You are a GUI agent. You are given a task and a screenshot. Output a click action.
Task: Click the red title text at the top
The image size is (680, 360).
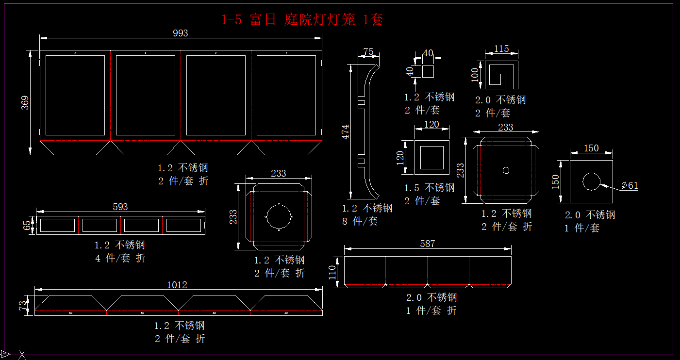coord(302,20)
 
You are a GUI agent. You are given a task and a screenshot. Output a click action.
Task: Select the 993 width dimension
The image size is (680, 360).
coord(181,33)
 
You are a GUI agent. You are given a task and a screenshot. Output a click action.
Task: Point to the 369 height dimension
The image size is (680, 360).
coord(25,102)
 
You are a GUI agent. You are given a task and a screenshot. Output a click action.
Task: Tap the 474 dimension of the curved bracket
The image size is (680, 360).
coord(346,132)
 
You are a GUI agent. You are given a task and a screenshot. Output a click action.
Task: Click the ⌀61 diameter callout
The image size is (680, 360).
coord(630,185)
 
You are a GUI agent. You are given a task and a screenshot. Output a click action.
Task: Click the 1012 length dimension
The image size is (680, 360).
coord(177,285)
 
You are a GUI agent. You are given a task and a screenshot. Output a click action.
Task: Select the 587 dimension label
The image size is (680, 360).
coord(428,244)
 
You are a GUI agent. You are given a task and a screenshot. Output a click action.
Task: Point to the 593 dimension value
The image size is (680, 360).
coord(120,207)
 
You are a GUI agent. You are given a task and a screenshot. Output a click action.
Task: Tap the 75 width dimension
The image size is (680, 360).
coord(368,51)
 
